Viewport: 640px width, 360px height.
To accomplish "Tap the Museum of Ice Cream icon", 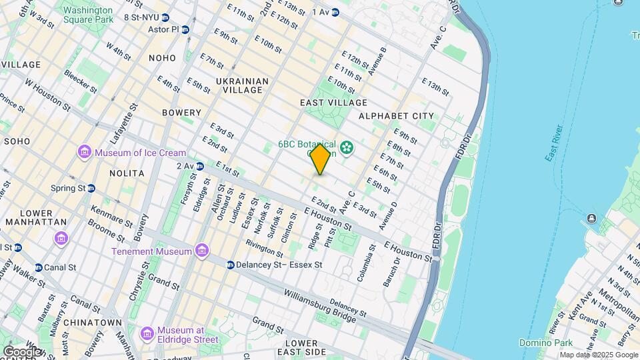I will pyautogui.click(x=85, y=153).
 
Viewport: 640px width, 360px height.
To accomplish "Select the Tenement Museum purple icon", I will pyautogui.click(x=202, y=251).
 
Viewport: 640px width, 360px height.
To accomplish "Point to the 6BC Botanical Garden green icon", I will pyautogui.click(x=347, y=147).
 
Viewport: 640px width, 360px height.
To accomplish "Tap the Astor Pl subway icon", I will pyautogui.click(x=185, y=29).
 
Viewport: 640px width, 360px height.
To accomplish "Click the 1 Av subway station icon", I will pyautogui.click(x=336, y=12).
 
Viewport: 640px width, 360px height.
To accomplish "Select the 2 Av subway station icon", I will pyautogui.click(x=199, y=166).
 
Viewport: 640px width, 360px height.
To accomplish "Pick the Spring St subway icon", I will pyautogui.click(x=91, y=188).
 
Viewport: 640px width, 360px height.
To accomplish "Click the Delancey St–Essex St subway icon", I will pyautogui.click(x=230, y=265).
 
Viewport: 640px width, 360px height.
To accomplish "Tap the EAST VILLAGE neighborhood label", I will pyautogui.click(x=333, y=103).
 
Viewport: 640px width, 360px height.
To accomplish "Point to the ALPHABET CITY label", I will pyautogui.click(x=396, y=116).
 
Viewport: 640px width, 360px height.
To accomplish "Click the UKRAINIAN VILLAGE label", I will pyautogui.click(x=242, y=85).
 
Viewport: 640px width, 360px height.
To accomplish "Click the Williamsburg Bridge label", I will pyautogui.click(x=320, y=305).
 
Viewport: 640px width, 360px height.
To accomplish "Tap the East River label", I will pyautogui.click(x=555, y=143).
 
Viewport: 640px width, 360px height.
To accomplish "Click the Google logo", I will pyautogui.click(x=21, y=351).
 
